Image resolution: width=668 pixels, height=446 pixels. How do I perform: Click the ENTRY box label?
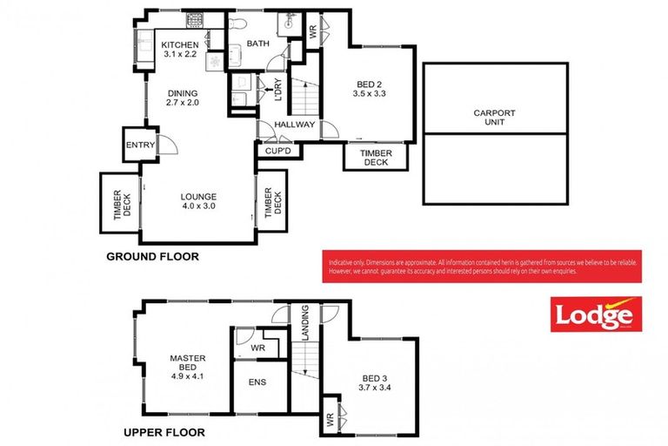pyautogui.click(x=139, y=145)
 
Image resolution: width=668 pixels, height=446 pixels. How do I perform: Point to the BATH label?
pyautogui.click(x=258, y=43)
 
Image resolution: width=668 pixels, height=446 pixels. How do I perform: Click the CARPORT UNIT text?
pyautogui.click(x=494, y=118)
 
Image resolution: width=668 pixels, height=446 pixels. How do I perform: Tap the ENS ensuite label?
pyautogui.click(x=257, y=382)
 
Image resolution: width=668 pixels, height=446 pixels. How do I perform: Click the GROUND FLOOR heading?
pyautogui.click(x=152, y=257)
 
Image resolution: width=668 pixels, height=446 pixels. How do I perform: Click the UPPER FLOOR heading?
pyautogui.click(x=164, y=431)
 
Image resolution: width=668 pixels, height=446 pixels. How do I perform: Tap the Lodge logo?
pyautogui.click(x=594, y=314)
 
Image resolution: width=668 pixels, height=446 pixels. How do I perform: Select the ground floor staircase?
pyautogui.click(x=304, y=96)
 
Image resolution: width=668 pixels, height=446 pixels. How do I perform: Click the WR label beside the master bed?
pyautogui.click(x=257, y=348)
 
